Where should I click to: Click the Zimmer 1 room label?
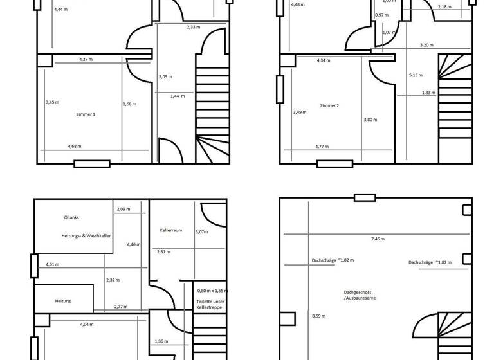pyautogui.click(x=86, y=114)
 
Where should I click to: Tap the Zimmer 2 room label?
pyautogui.click(x=329, y=105)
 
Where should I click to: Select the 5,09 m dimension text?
pyautogui.click(x=165, y=77)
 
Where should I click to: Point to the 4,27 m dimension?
pyautogui.click(x=86, y=59)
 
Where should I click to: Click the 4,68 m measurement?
pyautogui.click(x=75, y=147)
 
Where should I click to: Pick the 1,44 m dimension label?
pyautogui.click(x=178, y=96)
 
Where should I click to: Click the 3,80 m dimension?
pyautogui.click(x=370, y=120)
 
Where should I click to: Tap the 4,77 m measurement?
pyautogui.click(x=322, y=147)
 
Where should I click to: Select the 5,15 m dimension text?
pyautogui.click(x=416, y=75)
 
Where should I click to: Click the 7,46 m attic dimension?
pyautogui.click(x=378, y=239)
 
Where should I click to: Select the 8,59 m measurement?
pyautogui.click(x=318, y=316)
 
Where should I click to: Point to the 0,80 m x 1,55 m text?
pyautogui.click(x=212, y=291)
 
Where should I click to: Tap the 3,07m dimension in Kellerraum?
pyautogui.click(x=202, y=232)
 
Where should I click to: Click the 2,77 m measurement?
pyautogui.click(x=120, y=307)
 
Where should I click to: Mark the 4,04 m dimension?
pyautogui.click(x=87, y=324)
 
